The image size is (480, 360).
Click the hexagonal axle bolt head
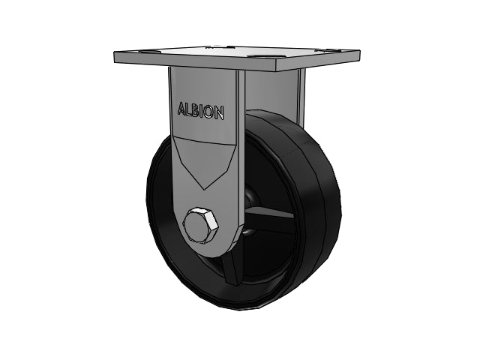[201, 226]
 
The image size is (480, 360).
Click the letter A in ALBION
[181, 108]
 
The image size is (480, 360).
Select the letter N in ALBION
[220, 113]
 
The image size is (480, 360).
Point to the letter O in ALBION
[209, 112]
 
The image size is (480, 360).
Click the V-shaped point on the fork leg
[205, 188]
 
